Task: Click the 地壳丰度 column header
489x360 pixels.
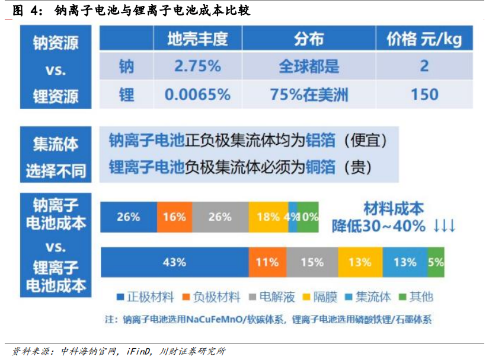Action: [197, 39]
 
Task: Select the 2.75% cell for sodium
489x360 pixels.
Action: [197, 66]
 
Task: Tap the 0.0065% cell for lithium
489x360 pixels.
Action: [197, 94]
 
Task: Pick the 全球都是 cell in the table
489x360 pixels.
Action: [309, 66]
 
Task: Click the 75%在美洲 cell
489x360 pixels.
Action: [309, 94]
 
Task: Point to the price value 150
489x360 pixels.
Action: [424, 94]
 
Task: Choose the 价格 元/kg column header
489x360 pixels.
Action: [424, 39]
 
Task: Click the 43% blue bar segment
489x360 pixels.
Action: [174, 262]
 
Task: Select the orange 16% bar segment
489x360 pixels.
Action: [174, 217]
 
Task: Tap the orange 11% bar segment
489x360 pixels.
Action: [267, 262]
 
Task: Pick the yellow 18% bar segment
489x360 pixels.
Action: [267, 217]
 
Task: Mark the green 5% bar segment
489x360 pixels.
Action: [436, 262]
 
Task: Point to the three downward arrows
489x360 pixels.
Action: [444, 226]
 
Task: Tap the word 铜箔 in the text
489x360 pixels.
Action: [322, 167]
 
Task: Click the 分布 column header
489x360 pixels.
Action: [309, 39]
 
